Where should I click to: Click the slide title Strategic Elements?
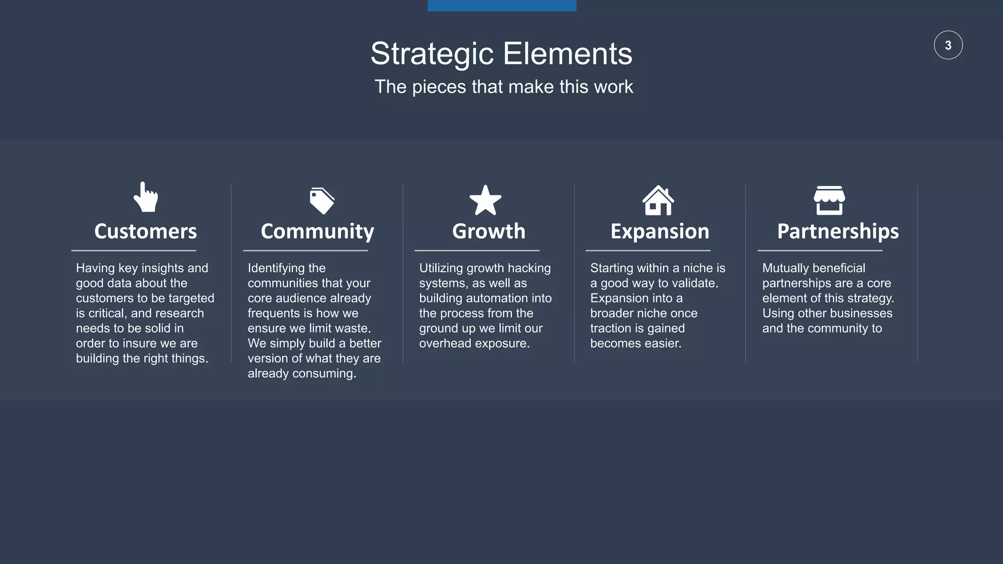click(501, 53)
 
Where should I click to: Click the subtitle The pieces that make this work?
click(503, 87)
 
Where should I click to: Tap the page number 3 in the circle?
click(948, 46)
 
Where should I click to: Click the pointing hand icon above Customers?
click(146, 197)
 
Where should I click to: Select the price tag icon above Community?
click(322, 200)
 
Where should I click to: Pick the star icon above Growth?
click(485, 201)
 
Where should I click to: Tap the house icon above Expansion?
click(658, 201)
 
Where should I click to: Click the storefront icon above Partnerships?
click(829, 200)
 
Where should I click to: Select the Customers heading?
click(145, 231)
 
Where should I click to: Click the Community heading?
click(317, 232)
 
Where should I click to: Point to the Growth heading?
click(488, 231)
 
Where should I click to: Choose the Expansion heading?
click(660, 232)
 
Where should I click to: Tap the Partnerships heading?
click(837, 232)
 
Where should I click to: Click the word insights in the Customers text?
click(163, 268)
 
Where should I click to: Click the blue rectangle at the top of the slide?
click(501, 5)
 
